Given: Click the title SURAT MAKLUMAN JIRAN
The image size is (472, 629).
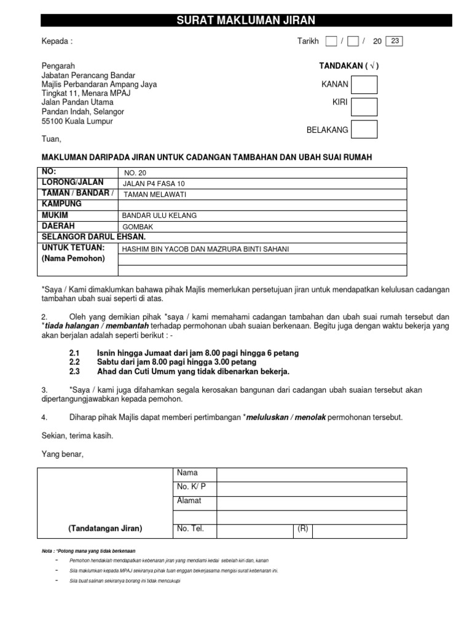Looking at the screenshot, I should (x=246, y=20).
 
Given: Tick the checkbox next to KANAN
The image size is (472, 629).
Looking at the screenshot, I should (x=364, y=85).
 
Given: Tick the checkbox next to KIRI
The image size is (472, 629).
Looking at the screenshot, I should (x=364, y=107).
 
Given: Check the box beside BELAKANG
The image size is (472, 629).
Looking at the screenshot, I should (x=364, y=130).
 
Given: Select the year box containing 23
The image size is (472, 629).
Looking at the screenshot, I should (x=395, y=41).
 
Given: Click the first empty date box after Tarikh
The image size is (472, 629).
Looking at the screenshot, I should (x=331, y=41).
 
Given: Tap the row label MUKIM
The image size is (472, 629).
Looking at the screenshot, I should (x=55, y=215).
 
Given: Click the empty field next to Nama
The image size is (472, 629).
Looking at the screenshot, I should (x=311, y=474).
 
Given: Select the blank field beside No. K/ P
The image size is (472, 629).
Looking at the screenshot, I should (x=311, y=488).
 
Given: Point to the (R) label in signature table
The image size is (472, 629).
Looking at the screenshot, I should (x=303, y=529).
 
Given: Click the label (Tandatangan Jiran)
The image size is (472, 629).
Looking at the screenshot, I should (x=105, y=529).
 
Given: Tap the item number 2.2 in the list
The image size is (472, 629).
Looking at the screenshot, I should (x=74, y=362).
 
